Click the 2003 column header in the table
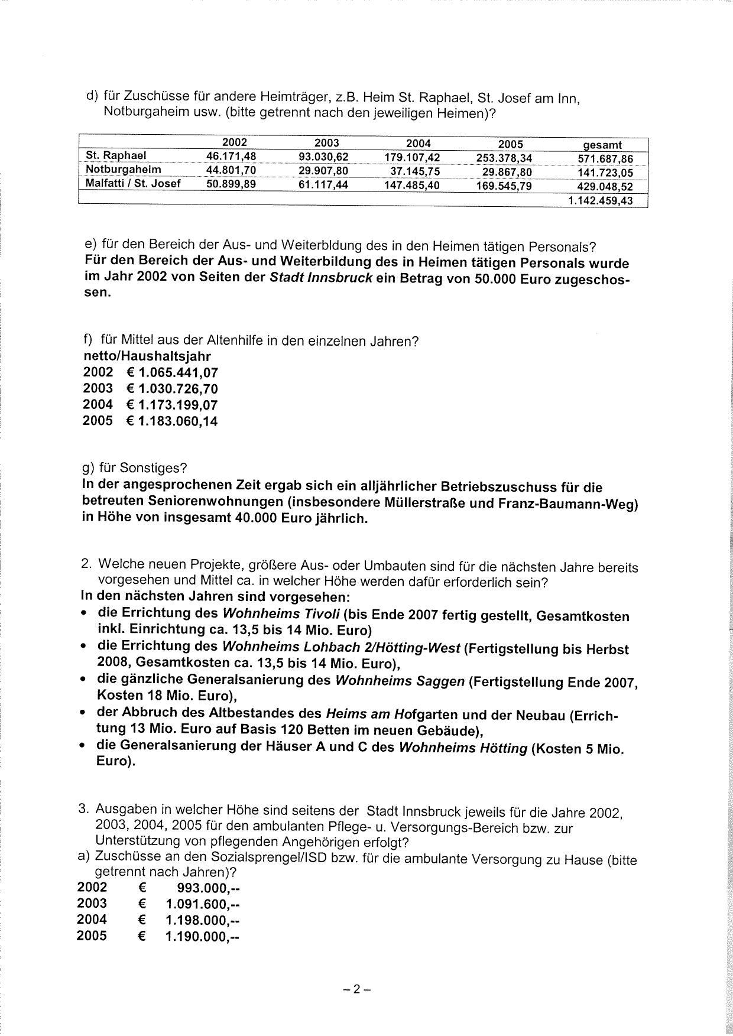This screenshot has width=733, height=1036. (x=326, y=143)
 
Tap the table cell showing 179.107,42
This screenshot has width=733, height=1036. (x=412, y=157)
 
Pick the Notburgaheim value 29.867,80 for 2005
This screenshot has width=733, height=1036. (x=507, y=172)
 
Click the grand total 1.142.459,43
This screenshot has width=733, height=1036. (x=600, y=201)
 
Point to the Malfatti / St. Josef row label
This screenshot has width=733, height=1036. (x=133, y=183)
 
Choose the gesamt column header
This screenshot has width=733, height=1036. (x=602, y=145)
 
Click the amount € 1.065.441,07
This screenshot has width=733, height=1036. (x=171, y=373)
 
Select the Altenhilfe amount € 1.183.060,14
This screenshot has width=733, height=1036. (x=171, y=422)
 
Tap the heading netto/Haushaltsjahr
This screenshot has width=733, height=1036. (x=147, y=356)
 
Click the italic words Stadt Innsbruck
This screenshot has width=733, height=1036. (x=320, y=278)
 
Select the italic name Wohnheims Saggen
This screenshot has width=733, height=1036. (x=400, y=681)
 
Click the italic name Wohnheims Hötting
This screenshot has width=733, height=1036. (x=463, y=748)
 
